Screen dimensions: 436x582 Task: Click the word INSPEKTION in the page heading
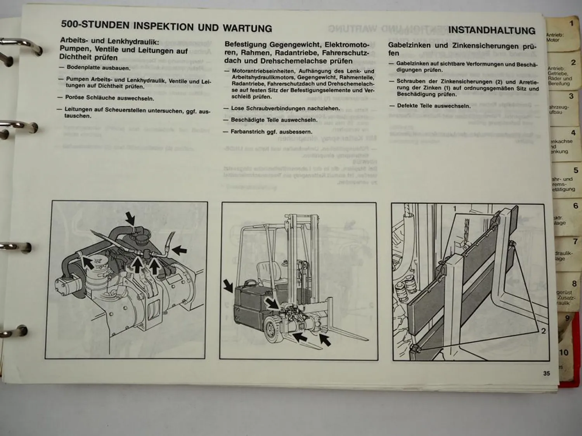(163, 26)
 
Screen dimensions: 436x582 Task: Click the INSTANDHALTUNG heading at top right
(491, 30)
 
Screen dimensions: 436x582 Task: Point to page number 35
(546, 373)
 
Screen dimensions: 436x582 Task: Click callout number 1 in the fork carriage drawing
(455, 209)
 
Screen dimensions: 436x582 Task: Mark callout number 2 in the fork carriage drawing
(543, 331)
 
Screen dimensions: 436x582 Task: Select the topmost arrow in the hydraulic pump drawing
(130, 218)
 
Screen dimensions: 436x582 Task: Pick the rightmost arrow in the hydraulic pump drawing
(179, 250)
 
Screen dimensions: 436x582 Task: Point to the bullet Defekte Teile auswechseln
(433, 106)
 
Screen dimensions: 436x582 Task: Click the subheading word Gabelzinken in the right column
(409, 45)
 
